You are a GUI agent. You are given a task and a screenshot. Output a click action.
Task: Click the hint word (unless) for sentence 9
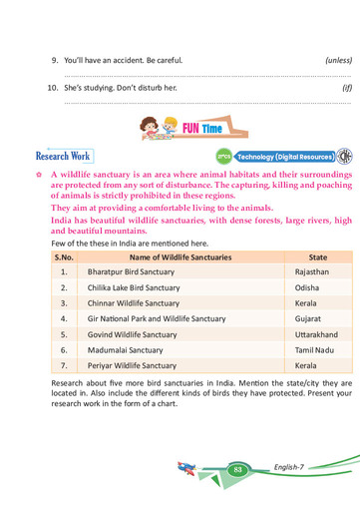point(338,60)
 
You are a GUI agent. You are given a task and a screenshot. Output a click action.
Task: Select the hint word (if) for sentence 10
point(346,87)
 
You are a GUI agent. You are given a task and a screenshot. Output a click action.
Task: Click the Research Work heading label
point(64,156)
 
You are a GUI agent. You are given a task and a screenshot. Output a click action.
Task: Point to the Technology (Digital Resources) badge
point(283,158)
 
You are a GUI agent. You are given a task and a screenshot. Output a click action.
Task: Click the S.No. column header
point(64,256)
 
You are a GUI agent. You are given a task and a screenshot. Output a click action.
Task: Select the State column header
point(318,256)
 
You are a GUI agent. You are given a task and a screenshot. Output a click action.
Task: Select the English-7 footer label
point(294,467)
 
